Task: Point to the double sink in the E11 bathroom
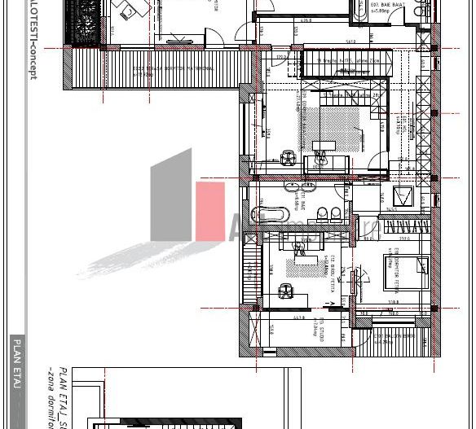(327, 213)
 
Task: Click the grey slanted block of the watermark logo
(171, 200)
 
